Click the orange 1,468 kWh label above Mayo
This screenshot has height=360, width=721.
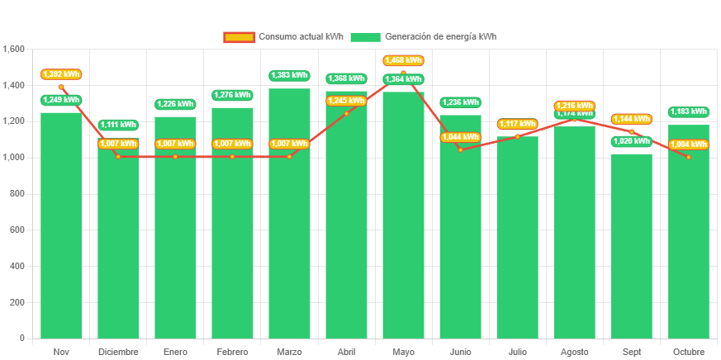pyautogui.click(x=403, y=60)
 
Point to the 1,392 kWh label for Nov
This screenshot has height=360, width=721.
pyautogui.click(x=61, y=74)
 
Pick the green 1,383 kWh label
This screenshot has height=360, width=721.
pyautogui.click(x=289, y=75)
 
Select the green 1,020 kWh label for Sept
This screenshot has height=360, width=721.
pyautogui.click(x=632, y=141)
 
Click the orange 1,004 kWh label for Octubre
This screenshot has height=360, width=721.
pyautogui.click(x=689, y=144)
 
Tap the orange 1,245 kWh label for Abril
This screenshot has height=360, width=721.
pyautogui.click(x=346, y=101)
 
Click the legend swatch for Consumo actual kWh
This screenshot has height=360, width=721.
pyautogui.click(x=239, y=37)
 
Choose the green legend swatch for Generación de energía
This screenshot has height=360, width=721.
pyautogui.click(x=365, y=37)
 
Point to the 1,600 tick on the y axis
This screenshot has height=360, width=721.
pyautogui.click(x=14, y=49)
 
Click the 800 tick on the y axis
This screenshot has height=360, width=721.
pyautogui.click(x=17, y=193)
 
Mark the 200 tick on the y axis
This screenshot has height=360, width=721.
pyautogui.click(x=17, y=302)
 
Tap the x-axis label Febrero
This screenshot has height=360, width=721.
pyautogui.click(x=232, y=352)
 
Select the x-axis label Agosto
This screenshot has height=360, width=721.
pyautogui.click(x=575, y=352)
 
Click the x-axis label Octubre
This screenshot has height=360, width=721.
pyautogui.click(x=689, y=352)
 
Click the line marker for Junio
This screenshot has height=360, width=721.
pyautogui.click(x=460, y=149)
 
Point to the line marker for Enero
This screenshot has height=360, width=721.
pyautogui.click(x=175, y=156)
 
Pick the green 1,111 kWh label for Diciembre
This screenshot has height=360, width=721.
pyautogui.click(x=118, y=125)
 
